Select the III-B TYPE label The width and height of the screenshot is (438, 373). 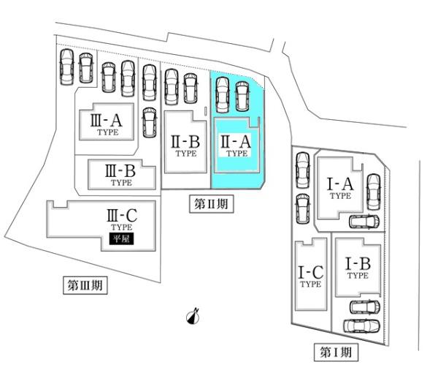[121, 174]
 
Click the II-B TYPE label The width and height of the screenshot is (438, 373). [185, 144]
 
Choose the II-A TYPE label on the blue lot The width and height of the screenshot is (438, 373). [236, 144]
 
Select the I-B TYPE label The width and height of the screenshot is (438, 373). [358, 266]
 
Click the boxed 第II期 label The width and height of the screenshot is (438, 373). [212, 205]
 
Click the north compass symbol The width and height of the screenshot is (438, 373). [193, 315]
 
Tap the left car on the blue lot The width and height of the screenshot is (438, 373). [223, 94]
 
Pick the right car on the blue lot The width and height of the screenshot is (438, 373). [242, 94]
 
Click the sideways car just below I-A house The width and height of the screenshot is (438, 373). [364, 223]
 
